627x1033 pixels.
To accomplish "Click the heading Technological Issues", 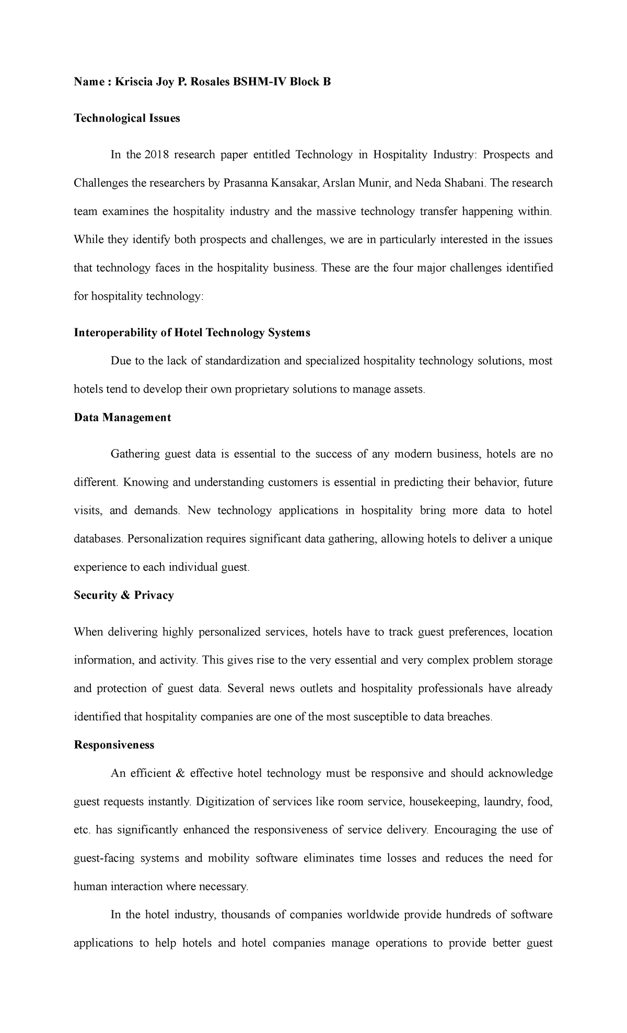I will point(127,118).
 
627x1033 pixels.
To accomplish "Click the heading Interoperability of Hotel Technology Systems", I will point(192,332).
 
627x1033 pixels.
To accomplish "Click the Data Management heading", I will point(122,417).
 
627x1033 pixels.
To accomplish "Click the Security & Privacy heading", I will point(124,595).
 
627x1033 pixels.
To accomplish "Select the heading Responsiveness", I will point(114,745).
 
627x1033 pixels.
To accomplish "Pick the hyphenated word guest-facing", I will point(104,858).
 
